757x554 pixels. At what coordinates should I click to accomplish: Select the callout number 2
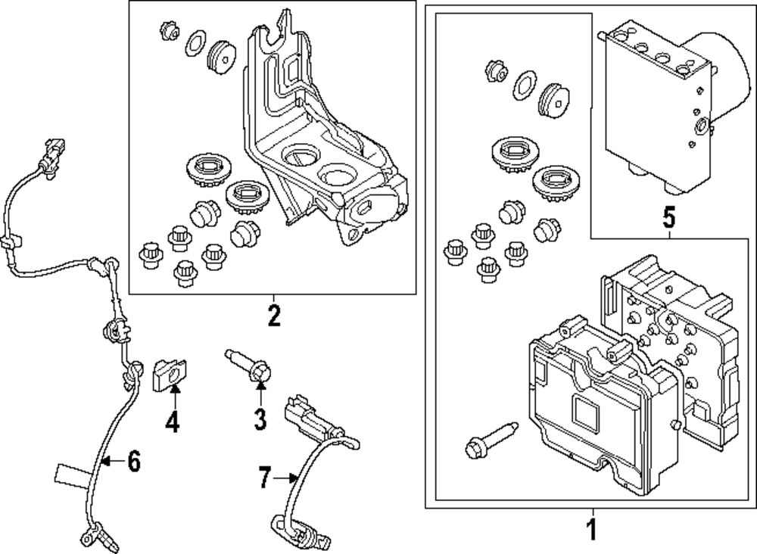click(273, 315)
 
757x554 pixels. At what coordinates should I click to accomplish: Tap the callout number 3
click(260, 419)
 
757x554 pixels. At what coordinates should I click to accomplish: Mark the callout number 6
click(133, 461)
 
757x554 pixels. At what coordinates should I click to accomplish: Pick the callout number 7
click(264, 478)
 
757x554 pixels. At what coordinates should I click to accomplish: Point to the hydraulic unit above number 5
click(666, 114)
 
